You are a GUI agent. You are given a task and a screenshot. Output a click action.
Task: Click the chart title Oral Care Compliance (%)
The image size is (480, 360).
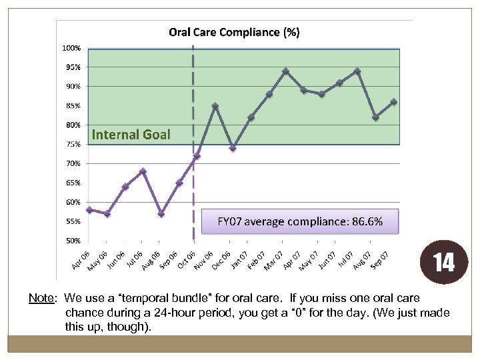point(234,32)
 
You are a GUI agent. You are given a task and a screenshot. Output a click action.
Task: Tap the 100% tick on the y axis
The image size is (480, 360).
point(72,48)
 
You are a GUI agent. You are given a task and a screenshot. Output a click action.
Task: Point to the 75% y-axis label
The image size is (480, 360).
point(72,144)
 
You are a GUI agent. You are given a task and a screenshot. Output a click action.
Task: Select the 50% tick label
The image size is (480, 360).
point(72,240)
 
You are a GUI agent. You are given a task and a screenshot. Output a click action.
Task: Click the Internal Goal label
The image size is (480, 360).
point(131,135)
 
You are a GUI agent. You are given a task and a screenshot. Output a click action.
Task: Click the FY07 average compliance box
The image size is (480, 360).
point(300,221)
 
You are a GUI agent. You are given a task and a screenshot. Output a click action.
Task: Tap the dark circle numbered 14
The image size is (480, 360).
point(444,262)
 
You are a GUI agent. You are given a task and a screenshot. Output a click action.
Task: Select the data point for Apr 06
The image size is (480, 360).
point(89,209)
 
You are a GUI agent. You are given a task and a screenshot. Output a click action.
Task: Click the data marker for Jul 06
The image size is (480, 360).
point(143,171)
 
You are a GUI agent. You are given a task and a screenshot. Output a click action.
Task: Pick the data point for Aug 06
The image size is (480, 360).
point(161,213)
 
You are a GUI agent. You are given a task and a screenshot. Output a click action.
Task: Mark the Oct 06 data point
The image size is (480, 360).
point(197,156)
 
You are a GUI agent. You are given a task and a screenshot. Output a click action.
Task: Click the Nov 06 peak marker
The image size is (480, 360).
point(215,106)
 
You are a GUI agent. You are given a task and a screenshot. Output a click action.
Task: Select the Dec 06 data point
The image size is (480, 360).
point(233,148)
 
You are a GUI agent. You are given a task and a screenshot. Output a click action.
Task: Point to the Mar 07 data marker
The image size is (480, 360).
point(286,71)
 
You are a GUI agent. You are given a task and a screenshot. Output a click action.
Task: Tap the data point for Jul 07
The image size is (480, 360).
point(357,71)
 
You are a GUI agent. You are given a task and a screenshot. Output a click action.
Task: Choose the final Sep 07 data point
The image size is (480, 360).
point(394,102)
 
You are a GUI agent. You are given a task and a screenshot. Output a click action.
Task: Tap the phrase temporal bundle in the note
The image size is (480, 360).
point(151,298)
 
